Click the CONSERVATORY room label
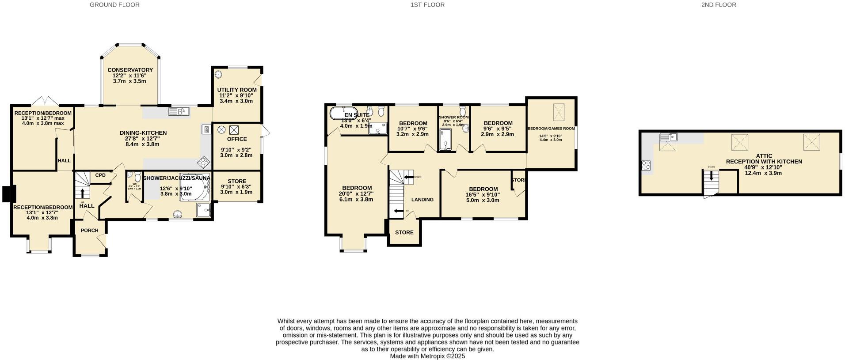(x=130, y=70)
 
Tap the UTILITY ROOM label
(x=237, y=90)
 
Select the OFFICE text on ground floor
(x=237, y=139)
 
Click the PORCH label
(x=90, y=230)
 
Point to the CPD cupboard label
(x=100, y=175)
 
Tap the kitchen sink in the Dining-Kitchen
(x=179, y=111)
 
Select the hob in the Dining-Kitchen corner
(x=204, y=163)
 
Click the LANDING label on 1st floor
(x=422, y=199)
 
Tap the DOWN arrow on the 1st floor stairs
(x=407, y=177)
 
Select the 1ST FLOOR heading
(x=427, y=5)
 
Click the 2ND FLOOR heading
(x=719, y=5)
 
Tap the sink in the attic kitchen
(x=668, y=137)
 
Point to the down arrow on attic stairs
(x=711, y=175)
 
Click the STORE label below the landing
(x=404, y=232)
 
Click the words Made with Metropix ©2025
(x=427, y=356)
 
